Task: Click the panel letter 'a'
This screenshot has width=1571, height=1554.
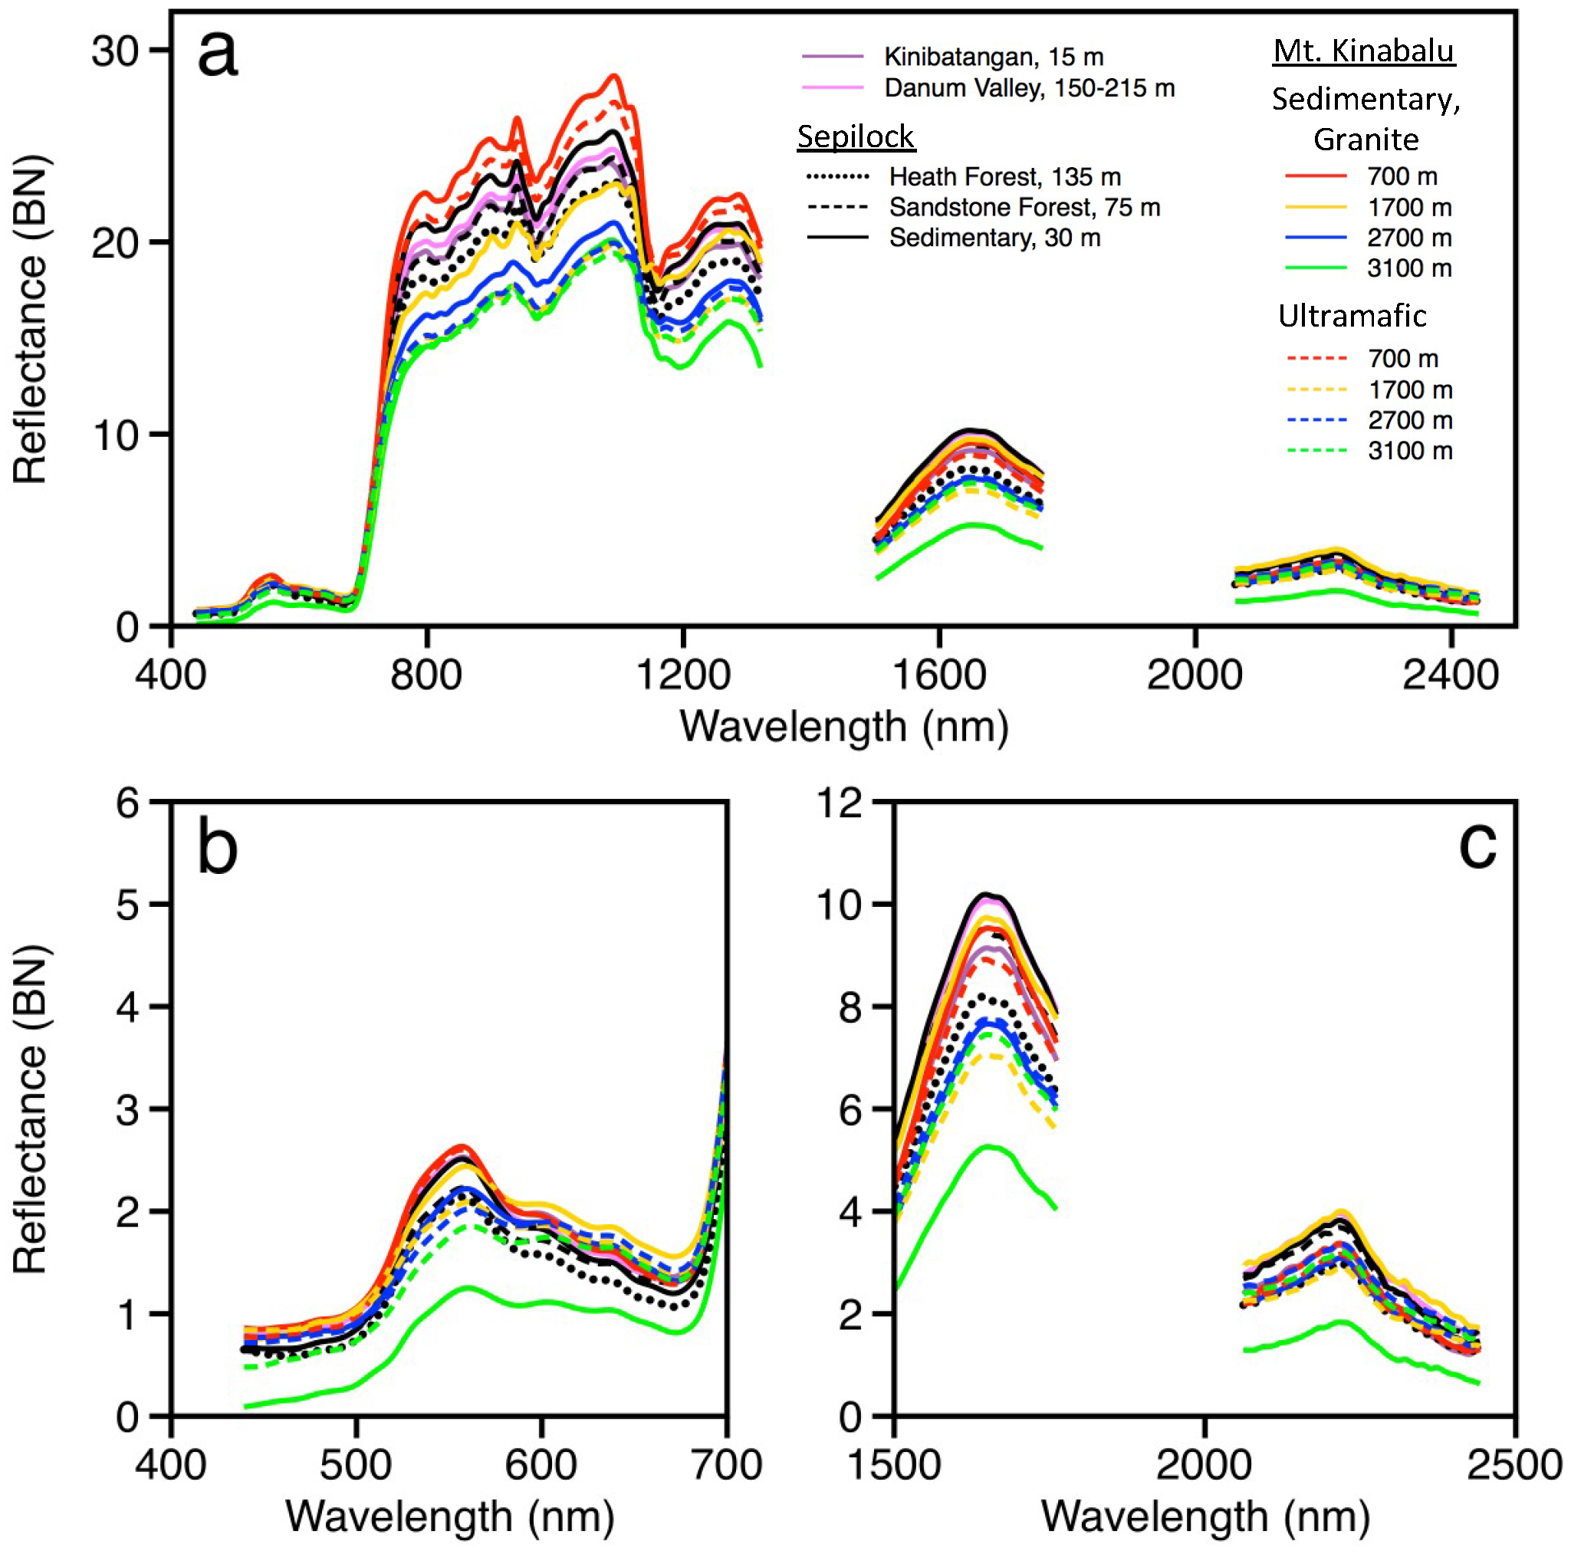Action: pos(217,54)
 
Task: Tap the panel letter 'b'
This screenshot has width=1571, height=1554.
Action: pos(217,848)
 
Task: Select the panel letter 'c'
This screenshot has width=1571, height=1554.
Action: pos(1477,845)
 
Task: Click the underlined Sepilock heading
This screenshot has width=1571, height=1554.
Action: pos(856,136)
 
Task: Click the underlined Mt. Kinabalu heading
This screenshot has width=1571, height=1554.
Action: pos(1364,51)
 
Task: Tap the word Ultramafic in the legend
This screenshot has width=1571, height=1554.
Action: pos(1352,316)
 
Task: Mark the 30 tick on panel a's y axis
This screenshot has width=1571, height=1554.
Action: pos(115,51)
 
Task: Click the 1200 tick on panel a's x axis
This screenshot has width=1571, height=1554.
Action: pos(683,675)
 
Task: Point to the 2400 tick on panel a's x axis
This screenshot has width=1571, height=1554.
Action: pos(1450,675)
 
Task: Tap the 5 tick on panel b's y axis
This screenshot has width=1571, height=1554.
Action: pos(128,904)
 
